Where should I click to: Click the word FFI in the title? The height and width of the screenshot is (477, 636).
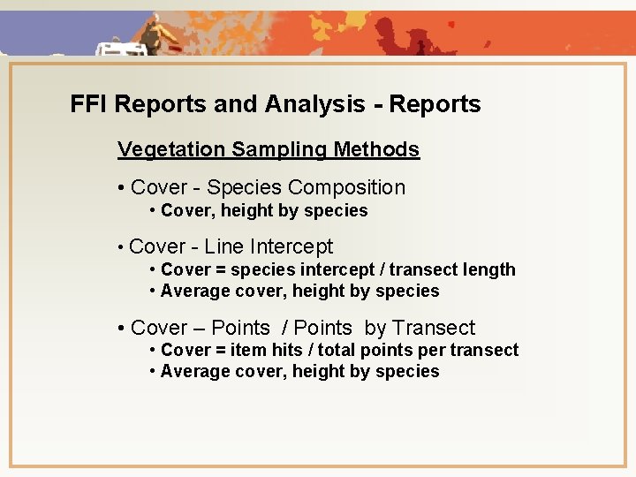click(89, 104)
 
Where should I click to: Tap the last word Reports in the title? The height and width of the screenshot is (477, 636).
click(435, 104)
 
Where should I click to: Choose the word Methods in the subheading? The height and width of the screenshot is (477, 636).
click(376, 149)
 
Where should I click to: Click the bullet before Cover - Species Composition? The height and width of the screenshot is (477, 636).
click(121, 188)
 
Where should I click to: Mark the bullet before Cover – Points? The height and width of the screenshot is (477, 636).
click(121, 329)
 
